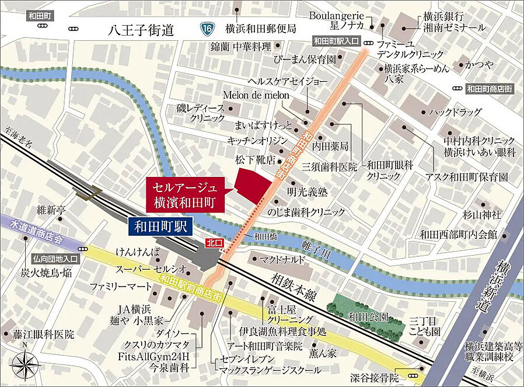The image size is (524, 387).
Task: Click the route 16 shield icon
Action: coord(205,29)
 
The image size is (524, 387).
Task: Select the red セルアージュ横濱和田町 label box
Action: coord(185,194)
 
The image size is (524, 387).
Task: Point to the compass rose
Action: coord(26,364)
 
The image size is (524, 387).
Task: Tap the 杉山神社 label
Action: coord(481,215)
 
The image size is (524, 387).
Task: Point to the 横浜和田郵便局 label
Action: coord(260,29)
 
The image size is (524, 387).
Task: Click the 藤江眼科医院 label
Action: coord(43,335)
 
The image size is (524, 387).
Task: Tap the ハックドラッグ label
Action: coord(455,111)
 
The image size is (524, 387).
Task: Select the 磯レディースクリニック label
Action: coord(200,112)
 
